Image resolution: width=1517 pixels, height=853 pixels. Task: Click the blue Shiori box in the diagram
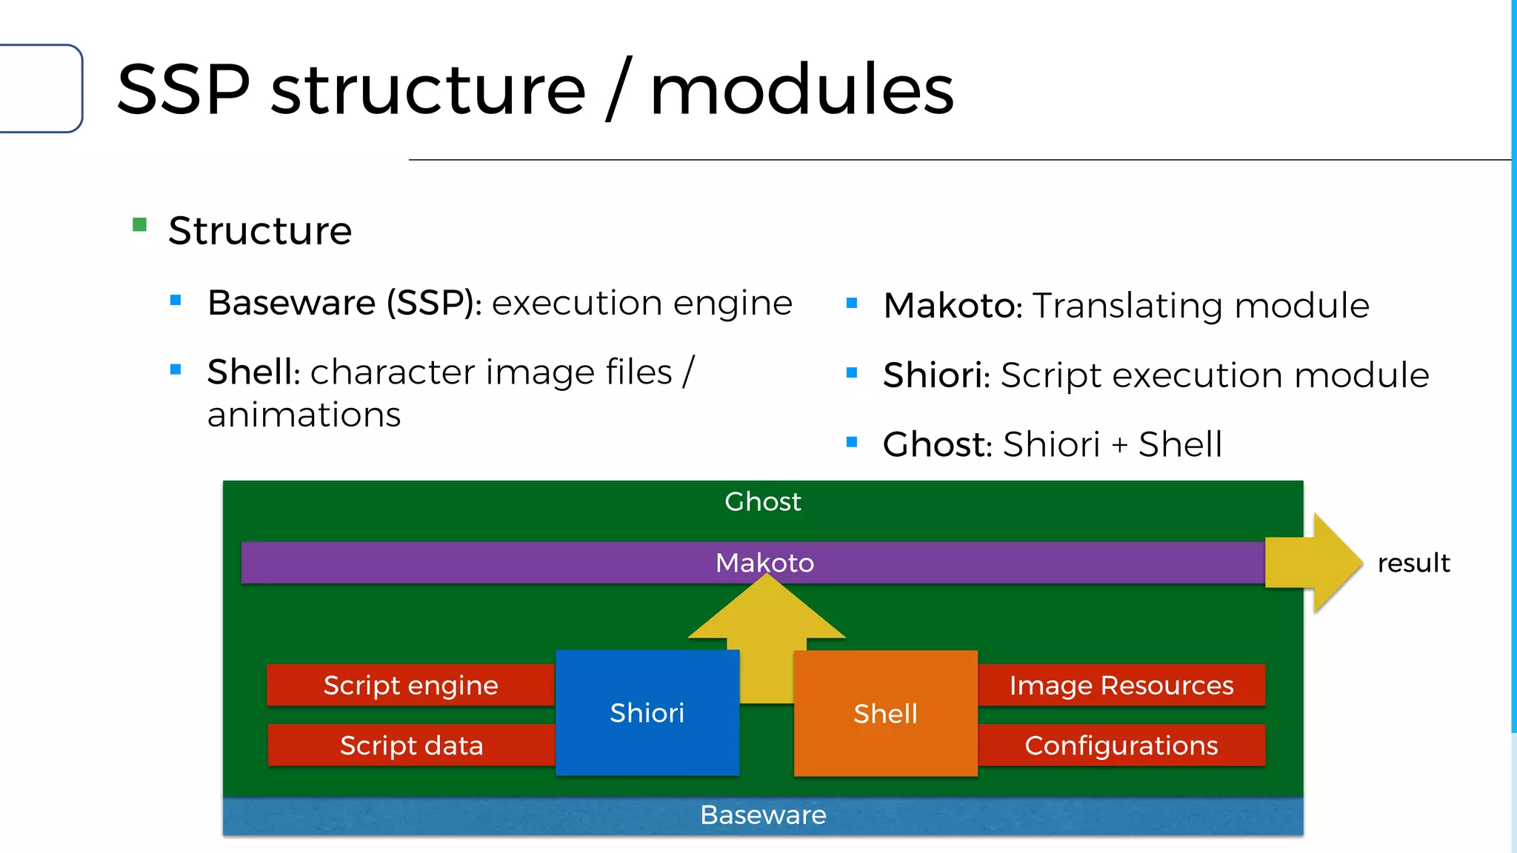[x=647, y=712]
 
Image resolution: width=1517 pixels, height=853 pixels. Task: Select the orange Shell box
[x=885, y=714]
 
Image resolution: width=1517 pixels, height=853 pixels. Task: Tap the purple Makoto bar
[x=519, y=563]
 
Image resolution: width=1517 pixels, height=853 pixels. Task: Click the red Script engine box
[x=410, y=685]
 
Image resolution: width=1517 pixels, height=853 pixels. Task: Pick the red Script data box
[x=411, y=745]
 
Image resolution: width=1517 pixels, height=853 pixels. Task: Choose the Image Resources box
[x=1121, y=685]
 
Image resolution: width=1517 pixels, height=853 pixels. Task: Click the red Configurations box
[x=1121, y=745]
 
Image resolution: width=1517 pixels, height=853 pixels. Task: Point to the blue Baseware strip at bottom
[x=763, y=815]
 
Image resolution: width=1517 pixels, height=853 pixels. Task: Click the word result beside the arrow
[x=1413, y=563]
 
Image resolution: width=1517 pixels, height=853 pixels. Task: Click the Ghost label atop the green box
[x=763, y=501]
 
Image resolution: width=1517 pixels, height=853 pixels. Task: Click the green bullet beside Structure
[x=139, y=224]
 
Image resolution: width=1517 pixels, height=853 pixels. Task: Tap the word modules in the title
[x=801, y=90]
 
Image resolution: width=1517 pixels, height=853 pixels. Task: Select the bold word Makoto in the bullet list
[x=951, y=306]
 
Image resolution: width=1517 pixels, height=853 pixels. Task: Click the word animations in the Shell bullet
[x=304, y=415]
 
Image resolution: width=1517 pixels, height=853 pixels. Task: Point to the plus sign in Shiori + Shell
[x=1119, y=445]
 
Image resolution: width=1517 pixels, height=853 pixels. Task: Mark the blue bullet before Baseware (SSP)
[x=176, y=300]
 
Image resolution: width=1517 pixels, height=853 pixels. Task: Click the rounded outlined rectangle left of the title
[x=41, y=89]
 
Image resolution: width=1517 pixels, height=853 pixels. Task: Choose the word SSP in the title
[x=184, y=90]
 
